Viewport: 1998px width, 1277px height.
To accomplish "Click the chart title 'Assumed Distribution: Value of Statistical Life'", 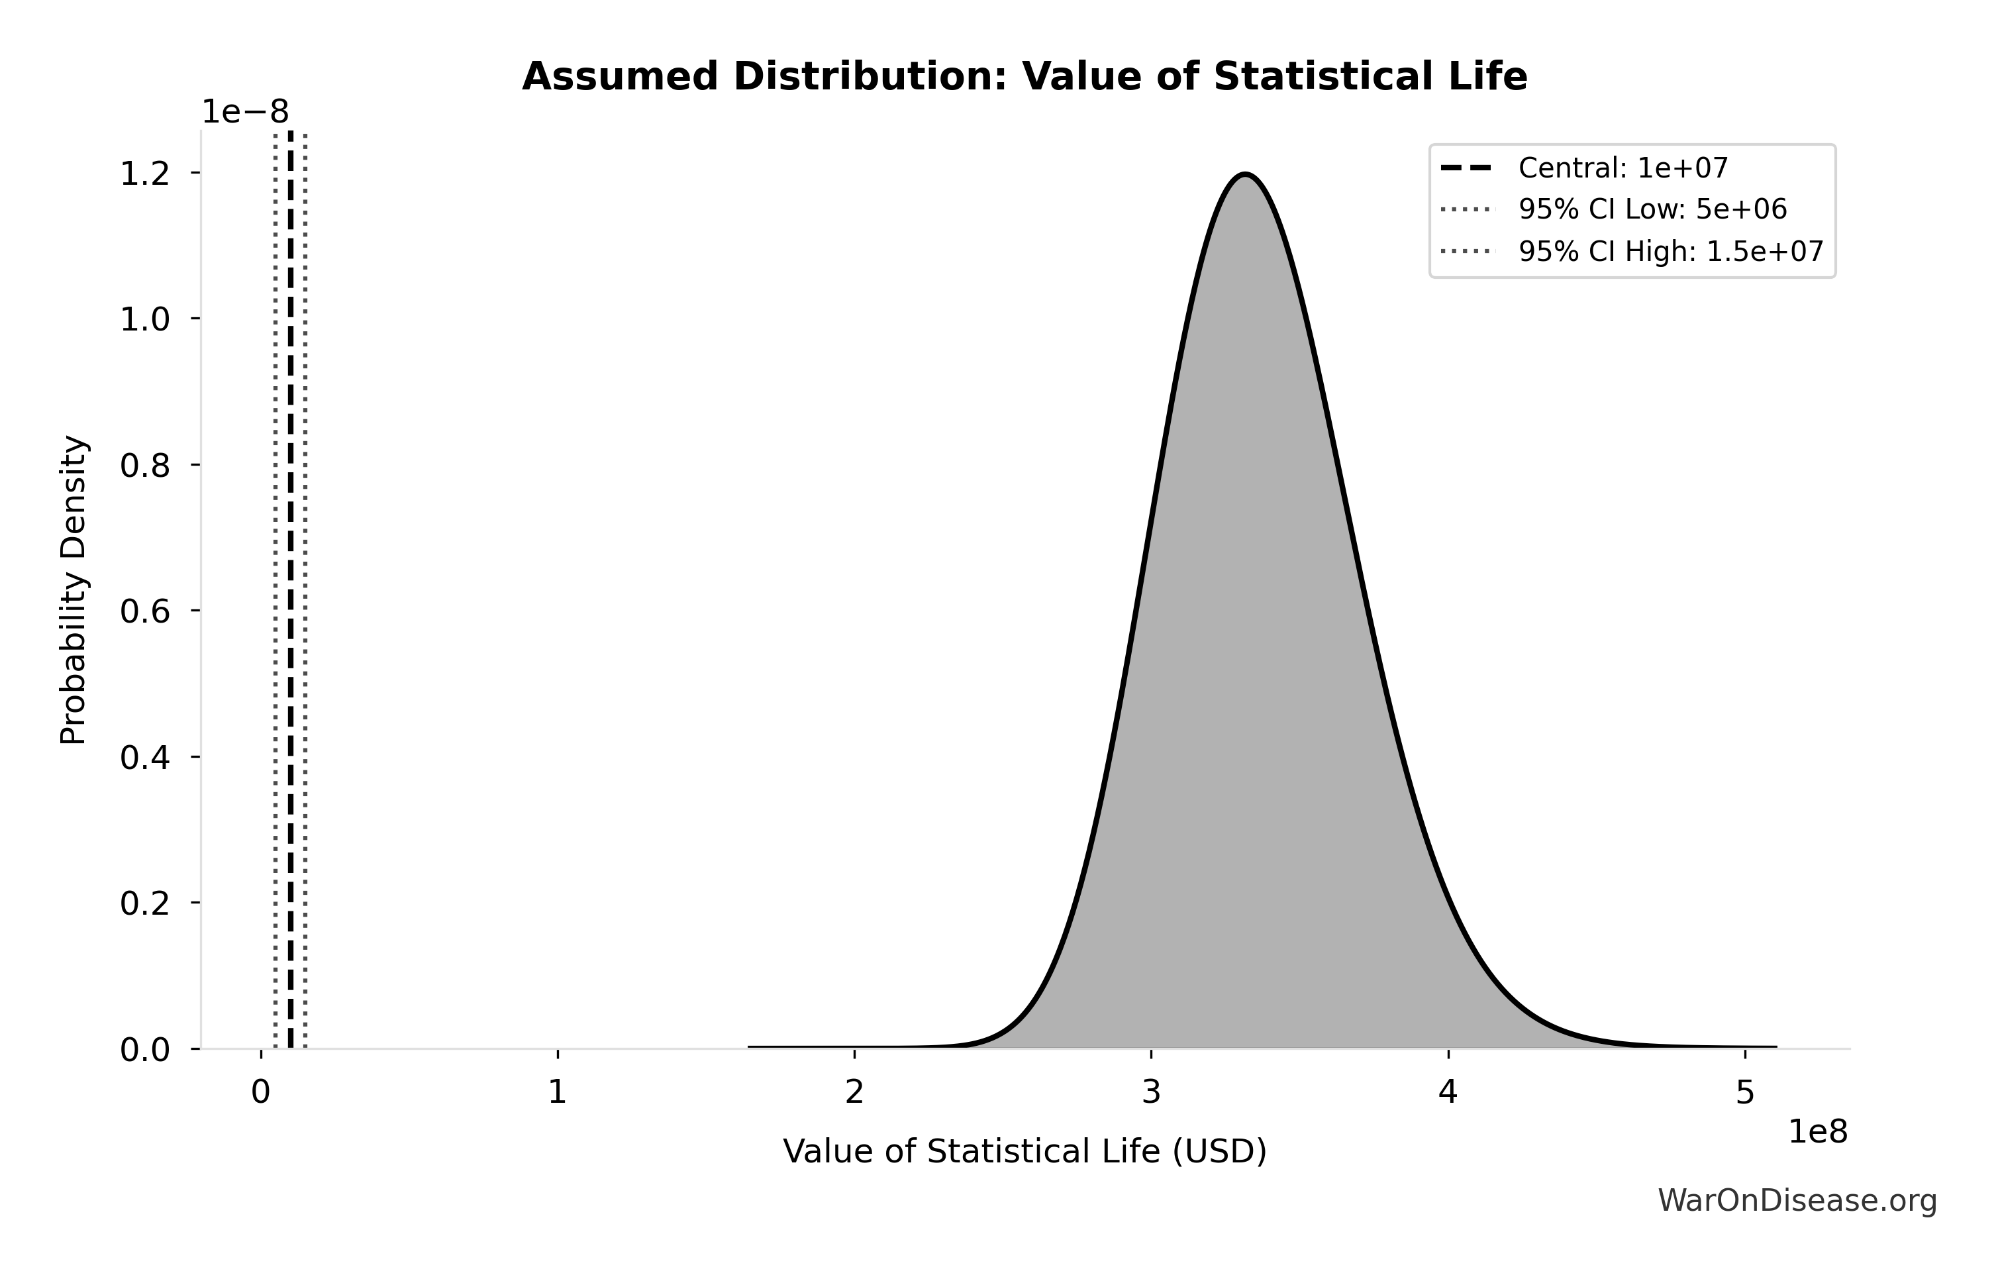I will [1024, 77].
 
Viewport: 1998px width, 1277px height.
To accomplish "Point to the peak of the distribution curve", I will [1244, 175].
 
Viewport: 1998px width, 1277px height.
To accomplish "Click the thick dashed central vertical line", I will [291, 581].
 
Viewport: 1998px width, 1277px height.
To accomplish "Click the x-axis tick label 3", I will [1151, 1093].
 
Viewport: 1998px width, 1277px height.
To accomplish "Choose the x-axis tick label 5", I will [1745, 1093].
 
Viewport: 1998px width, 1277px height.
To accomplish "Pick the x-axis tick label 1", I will [557, 1093].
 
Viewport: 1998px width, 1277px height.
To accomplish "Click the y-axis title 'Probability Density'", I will [74, 589].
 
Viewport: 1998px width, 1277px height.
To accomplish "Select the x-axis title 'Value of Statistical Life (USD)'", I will [1024, 1152].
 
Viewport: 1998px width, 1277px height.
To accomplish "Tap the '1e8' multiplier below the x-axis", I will [1817, 1132].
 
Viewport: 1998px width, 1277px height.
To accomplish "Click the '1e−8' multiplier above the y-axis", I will [246, 113].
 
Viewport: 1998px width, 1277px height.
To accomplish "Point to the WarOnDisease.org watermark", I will [1797, 1201].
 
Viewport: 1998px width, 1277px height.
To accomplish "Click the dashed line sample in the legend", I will [1466, 168].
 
